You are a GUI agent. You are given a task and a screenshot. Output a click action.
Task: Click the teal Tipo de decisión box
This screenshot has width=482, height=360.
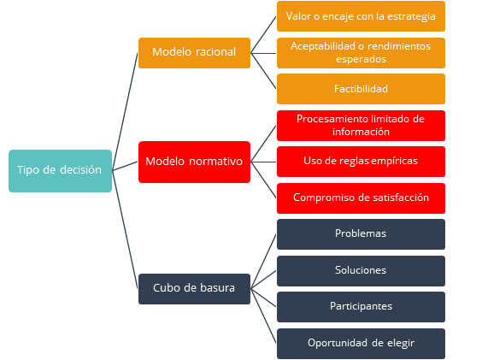tap(60, 171)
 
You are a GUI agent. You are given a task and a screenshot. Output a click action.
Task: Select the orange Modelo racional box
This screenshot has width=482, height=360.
tap(194, 53)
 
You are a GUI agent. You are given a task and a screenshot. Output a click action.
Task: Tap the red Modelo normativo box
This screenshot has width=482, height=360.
tap(194, 162)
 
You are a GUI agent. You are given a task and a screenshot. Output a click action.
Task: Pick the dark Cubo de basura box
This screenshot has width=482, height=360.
tap(194, 289)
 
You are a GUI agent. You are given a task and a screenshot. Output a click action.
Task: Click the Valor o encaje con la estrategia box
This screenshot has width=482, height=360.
tap(361, 16)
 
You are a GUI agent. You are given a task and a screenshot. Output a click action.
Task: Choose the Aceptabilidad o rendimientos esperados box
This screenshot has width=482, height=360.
tap(361, 53)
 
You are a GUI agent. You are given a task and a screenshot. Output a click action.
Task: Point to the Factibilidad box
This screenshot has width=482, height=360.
tap(361, 89)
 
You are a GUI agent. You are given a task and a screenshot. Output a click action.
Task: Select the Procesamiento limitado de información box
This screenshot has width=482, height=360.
tap(361, 126)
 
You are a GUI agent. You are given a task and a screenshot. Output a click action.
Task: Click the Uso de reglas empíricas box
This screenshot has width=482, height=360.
tap(361, 162)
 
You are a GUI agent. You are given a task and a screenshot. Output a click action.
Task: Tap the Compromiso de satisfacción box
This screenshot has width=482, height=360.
tap(361, 198)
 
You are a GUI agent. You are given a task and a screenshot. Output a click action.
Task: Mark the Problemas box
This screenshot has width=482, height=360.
tap(361, 234)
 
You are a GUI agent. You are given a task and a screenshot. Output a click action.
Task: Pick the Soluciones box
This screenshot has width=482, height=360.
tap(361, 271)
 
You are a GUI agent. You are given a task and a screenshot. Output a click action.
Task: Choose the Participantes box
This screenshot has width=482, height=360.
tap(361, 307)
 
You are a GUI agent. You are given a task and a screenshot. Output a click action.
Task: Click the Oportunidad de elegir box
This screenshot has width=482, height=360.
tap(361, 344)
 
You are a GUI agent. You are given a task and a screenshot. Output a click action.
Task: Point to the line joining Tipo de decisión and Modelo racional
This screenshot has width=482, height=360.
tap(125, 112)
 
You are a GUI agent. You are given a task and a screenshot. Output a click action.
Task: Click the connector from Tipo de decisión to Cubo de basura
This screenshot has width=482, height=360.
tap(125, 230)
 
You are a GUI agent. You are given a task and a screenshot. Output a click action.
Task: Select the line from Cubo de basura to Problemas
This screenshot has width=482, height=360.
tap(263, 262)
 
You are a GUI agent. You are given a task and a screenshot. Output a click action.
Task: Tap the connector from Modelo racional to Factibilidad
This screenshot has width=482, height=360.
tap(263, 71)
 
